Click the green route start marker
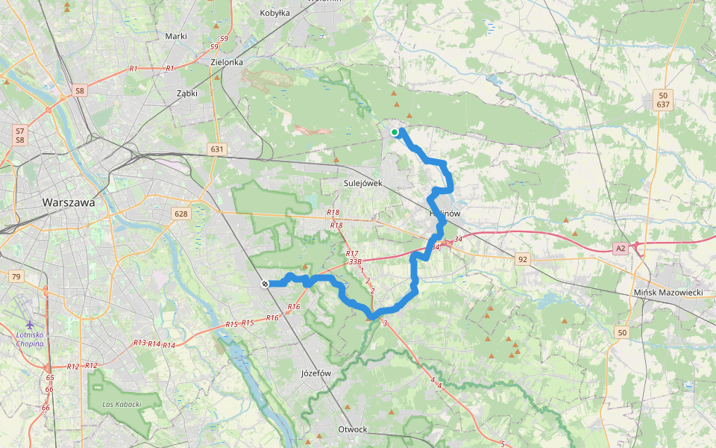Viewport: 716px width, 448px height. pos(394,132)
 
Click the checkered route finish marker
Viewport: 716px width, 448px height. pos(265,283)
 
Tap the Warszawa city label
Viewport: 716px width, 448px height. pos(69,202)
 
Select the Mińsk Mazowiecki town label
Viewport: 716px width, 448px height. pos(668,293)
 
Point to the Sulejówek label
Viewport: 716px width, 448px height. pos(363,182)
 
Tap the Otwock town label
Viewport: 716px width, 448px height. pos(353,429)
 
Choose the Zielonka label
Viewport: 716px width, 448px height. pos(227,63)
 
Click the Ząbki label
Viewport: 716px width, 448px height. pos(186,94)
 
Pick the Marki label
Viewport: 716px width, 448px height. pos(175,36)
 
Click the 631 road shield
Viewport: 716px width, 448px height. pos(217,149)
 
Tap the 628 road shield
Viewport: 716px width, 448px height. pos(181,214)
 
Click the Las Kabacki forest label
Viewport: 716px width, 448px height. pos(120,404)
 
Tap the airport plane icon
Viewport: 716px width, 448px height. pos(30,324)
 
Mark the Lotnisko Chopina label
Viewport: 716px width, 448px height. pos(30,339)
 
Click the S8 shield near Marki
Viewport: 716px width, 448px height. pos(80,91)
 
